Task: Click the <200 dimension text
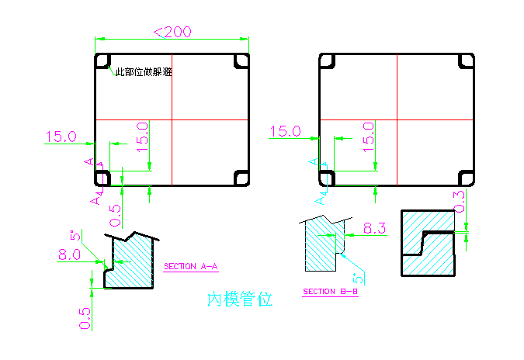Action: pyautogui.click(x=172, y=32)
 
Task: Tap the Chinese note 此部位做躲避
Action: pyautogui.click(x=144, y=72)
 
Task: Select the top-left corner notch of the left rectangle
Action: pyautogui.click(x=102, y=61)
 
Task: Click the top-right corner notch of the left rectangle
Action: pyautogui.click(x=241, y=61)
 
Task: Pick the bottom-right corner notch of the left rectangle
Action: pyautogui.click(x=241, y=178)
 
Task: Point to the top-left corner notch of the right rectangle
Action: pyautogui.click(x=327, y=61)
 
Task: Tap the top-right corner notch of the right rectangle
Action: pyautogui.click(x=466, y=61)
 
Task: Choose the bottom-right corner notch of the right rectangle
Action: pyautogui.click(x=466, y=178)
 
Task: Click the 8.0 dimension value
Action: pyautogui.click(x=68, y=254)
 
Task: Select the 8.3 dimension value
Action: pyautogui.click(x=374, y=229)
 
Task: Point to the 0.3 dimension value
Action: pyautogui.click(x=459, y=202)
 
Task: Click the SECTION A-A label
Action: pyautogui.click(x=191, y=267)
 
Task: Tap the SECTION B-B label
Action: pyautogui.click(x=330, y=292)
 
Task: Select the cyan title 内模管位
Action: pyautogui.click(x=240, y=299)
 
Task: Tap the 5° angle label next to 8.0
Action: pyautogui.click(x=76, y=235)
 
